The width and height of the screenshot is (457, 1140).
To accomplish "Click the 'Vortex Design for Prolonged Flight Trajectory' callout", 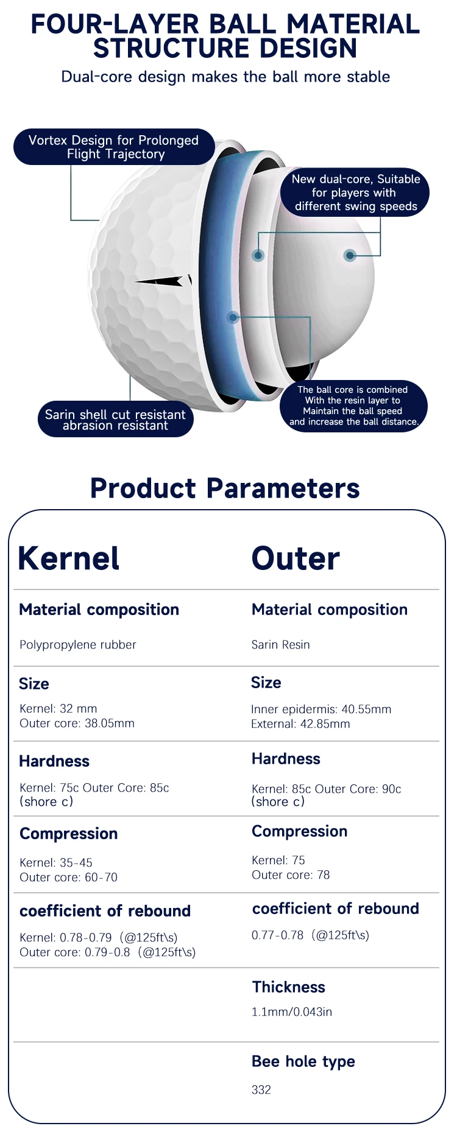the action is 114,147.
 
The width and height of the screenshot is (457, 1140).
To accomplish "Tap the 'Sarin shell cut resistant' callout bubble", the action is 115,419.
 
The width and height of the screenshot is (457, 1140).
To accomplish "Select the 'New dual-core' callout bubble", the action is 355,192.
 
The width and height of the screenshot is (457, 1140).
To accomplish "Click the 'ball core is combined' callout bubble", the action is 354,406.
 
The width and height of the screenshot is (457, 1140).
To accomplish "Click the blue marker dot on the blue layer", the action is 233,317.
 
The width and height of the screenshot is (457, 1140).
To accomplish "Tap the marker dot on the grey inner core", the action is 350,255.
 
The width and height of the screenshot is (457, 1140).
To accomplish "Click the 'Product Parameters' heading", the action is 225,488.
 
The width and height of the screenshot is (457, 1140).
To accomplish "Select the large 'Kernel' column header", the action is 69,558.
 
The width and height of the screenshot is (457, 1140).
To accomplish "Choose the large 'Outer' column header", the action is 296,558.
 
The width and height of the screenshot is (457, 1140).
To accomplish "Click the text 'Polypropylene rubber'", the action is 78,645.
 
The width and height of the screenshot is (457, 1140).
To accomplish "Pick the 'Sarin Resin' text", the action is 281,644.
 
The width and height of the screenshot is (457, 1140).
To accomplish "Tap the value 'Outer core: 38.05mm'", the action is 77,723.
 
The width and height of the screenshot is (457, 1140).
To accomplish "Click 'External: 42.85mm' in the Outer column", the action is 300,724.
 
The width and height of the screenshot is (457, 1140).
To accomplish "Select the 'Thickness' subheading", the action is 289,987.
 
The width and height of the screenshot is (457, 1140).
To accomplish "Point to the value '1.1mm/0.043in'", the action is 292,1012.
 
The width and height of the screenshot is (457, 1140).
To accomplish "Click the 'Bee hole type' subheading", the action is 303,1062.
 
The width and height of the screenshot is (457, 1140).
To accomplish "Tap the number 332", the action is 261,1090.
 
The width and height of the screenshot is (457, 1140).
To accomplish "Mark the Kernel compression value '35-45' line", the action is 56,863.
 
